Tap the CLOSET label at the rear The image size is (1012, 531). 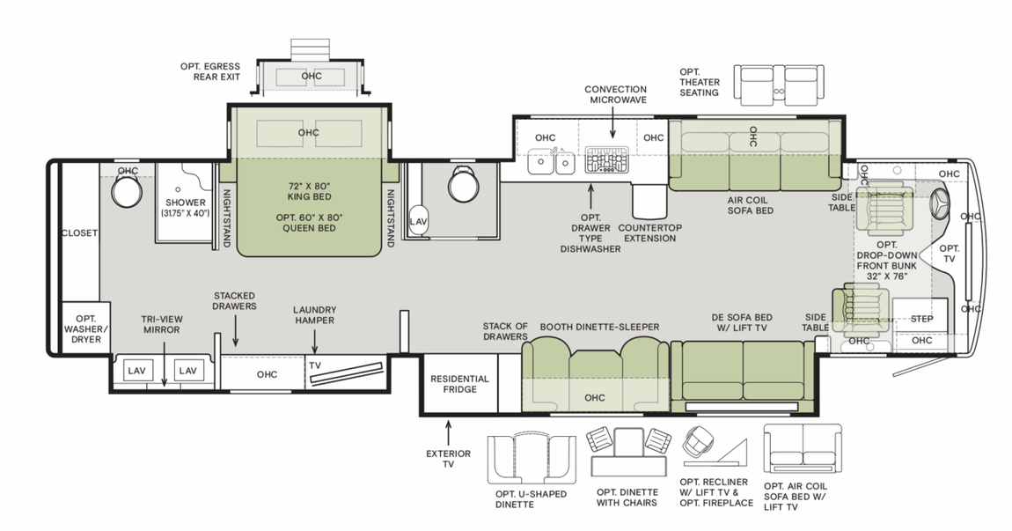[x=80, y=233]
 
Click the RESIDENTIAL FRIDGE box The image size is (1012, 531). [x=458, y=384]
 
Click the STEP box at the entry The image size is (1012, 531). [x=921, y=319]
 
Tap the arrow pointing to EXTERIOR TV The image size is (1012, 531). [x=448, y=432]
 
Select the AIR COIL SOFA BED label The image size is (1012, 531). [x=749, y=205]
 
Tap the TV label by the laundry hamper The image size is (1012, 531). [x=315, y=365]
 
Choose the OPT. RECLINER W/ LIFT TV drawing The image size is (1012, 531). [x=709, y=449]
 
